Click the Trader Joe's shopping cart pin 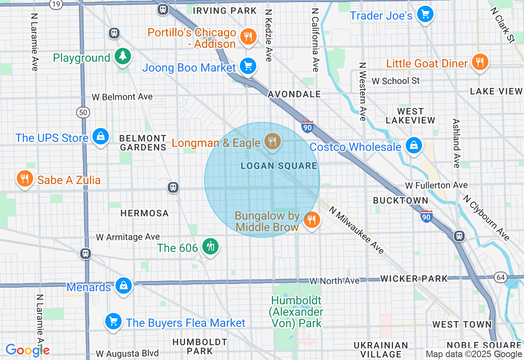[x=425, y=15]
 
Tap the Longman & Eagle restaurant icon [x=272, y=142]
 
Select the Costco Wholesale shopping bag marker [x=414, y=146]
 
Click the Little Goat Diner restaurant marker [x=479, y=62]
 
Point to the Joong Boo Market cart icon [x=248, y=65]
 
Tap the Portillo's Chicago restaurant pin [x=248, y=37]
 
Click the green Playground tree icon [x=122, y=56]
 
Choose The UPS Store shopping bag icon [x=100, y=136]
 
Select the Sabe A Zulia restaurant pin [x=25, y=179]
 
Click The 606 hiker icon [x=210, y=247]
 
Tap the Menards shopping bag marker [x=123, y=286]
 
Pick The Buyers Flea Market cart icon [x=113, y=322]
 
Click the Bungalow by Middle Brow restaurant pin [x=312, y=220]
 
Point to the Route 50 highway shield [x=83, y=112]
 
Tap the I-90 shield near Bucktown [x=427, y=216]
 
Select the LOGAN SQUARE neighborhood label [x=279, y=166]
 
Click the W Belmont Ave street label [x=122, y=97]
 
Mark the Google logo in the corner [x=27, y=350]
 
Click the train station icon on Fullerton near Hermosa [x=173, y=188]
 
